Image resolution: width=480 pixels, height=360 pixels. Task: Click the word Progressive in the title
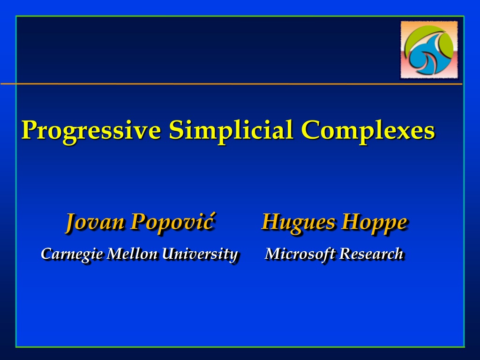pos(91,131)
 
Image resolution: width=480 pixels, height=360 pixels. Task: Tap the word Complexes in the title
pos(367,131)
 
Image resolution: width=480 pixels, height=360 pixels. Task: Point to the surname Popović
pos(172,221)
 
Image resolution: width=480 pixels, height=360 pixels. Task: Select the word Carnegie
pos(72,254)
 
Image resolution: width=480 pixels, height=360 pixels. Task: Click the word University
pos(200,254)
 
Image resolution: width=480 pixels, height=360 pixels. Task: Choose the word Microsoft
pos(300,254)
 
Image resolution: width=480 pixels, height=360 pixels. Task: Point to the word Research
pos(371,254)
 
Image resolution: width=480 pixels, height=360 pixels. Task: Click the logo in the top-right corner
pos(429,50)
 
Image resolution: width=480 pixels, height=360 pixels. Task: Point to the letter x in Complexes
pos(405,133)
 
